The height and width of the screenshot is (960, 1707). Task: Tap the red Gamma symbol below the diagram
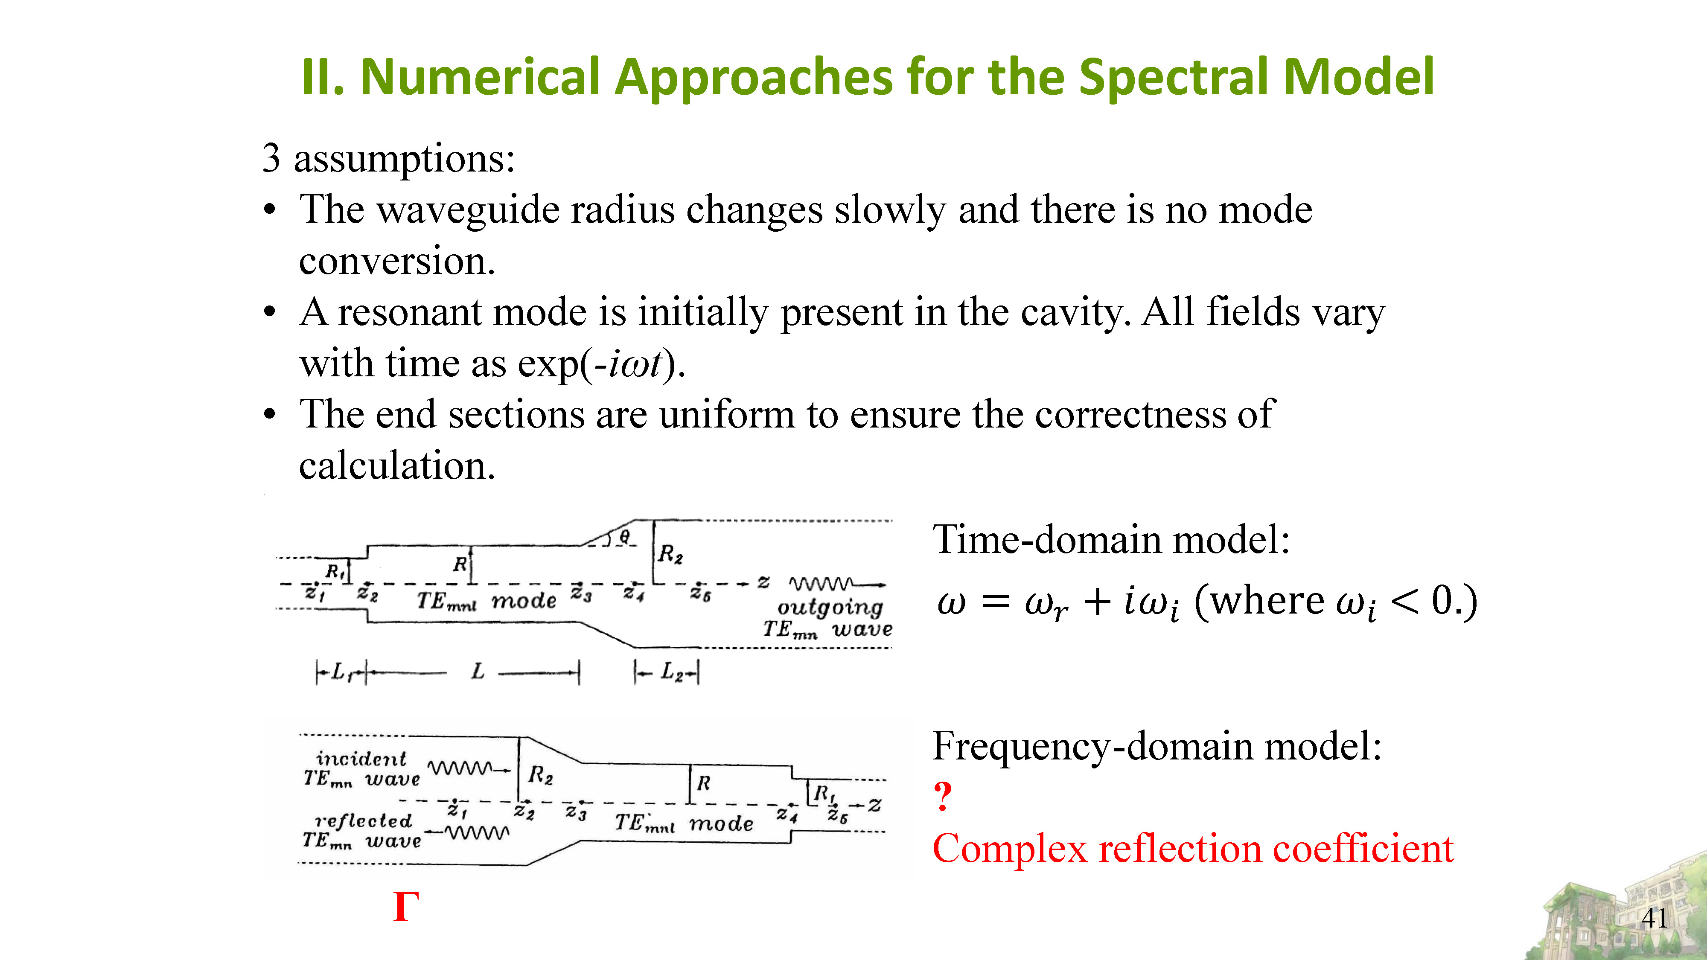point(405,906)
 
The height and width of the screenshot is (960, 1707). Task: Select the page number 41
point(1655,918)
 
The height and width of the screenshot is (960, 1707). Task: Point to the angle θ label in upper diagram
point(625,535)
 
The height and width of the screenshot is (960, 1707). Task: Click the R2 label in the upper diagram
point(670,554)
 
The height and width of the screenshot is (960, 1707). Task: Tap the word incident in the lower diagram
point(361,759)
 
